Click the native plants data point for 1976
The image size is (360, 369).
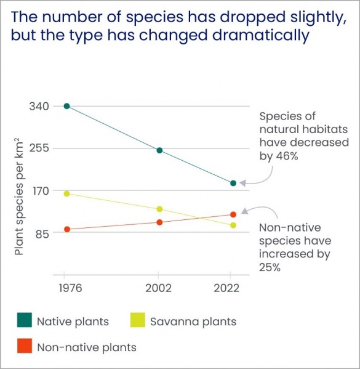point(66,106)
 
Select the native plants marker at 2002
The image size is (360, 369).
point(159,150)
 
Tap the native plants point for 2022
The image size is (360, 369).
point(233,183)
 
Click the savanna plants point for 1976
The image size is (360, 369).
point(66,193)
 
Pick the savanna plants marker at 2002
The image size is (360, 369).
point(159,209)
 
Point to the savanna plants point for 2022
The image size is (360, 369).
point(233,225)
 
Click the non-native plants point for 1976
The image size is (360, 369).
point(66,229)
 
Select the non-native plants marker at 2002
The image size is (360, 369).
point(159,222)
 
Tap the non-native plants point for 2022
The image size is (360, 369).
point(233,214)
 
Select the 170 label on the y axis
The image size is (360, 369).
point(39,190)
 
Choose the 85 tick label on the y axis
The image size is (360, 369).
point(42,232)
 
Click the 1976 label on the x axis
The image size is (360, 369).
point(66,288)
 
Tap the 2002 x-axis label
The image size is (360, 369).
point(159,288)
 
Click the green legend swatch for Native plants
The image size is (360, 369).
point(25,321)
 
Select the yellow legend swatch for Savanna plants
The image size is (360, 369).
point(138,321)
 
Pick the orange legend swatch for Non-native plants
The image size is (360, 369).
point(25,347)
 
